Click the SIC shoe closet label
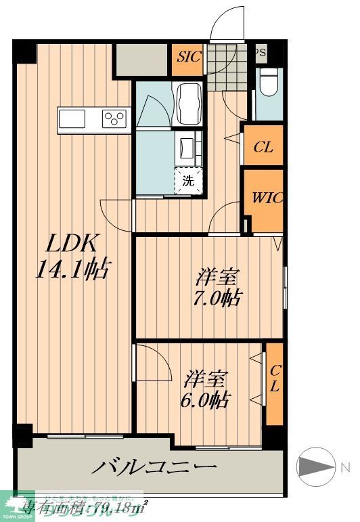pyautogui.click(x=189, y=57)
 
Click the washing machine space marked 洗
pyautogui.click(x=189, y=180)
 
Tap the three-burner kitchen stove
pyautogui.click(x=114, y=119)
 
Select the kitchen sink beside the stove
pyautogui.click(x=72, y=119)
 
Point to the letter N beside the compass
pyautogui.click(x=345, y=467)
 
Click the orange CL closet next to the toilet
pyautogui.click(x=263, y=147)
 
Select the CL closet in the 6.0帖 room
pyautogui.click(x=275, y=383)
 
